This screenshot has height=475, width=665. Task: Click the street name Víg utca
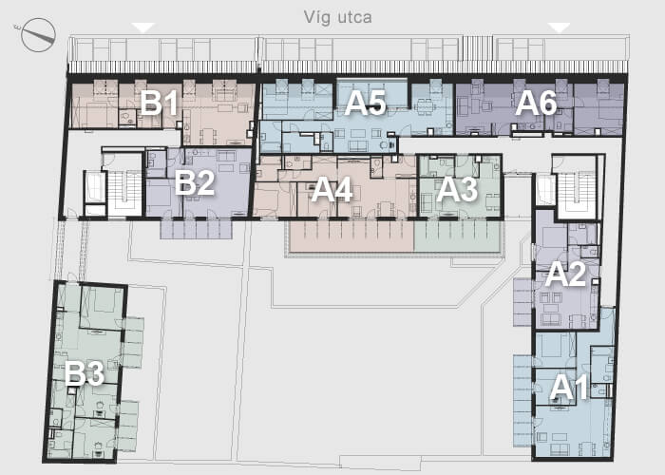pyautogui.click(x=338, y=18)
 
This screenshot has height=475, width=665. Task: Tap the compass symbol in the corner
pyautogui.click(x=38, y=35)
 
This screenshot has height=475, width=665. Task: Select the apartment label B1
pyautogui.click(x=159, y=103)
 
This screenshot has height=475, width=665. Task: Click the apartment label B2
pyautogui.click(x=195, y=182)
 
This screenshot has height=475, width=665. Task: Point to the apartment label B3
pyautogui.click(x=85, y=374)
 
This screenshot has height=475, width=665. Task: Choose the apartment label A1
pyautogui.click(x=570, y=388)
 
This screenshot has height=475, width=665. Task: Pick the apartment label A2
pyautogui.click(x=566, y=275)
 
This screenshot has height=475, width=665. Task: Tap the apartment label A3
pyautogui.click(x=457, y=190)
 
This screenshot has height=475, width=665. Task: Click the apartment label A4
pyautogui.click(x=332, y=190)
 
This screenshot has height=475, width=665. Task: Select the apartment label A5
pyautogui.click(x=365, y=103)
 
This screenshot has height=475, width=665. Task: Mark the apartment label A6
pyautogui.click(x=536, y=103)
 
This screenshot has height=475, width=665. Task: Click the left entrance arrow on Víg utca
pyautogui.click(x=142, y=28)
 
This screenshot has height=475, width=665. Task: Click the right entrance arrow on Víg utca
pyautogui.click(x=559, y=28)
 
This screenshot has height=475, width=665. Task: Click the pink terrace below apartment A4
pyautogui.click(x=351, y=236)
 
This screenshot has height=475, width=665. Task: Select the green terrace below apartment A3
pyautogui.click(x=457, y=236)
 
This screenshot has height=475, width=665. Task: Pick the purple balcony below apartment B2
pyautogui.click(x=197, y=229)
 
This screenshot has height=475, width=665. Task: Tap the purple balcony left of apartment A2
pyautogui.click(x=522, y=302)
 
